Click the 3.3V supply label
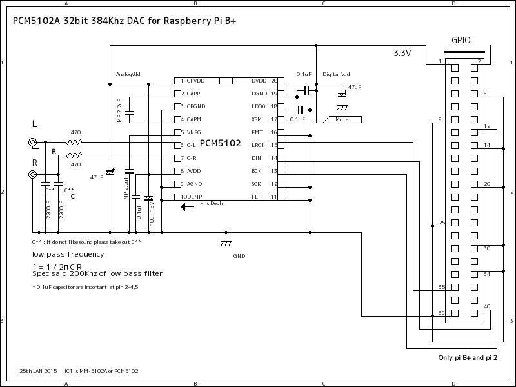coord(402,54)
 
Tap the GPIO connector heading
coord(461,40)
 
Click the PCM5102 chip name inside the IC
coord(220,143)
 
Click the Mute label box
coord(342,119)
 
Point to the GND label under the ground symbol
coord(239,256)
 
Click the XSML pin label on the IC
coord(258,119)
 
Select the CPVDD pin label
coord(195,81)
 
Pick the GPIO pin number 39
coord(441,312)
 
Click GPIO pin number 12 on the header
coord(487,126)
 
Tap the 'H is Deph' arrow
coord(187,207)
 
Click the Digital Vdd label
coord(336,75)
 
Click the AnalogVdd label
coord(128,74)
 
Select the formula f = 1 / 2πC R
coord(57,266)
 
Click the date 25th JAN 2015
coord(39,371)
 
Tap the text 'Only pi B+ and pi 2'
coord(468,357)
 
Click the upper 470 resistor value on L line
coord(75,132)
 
